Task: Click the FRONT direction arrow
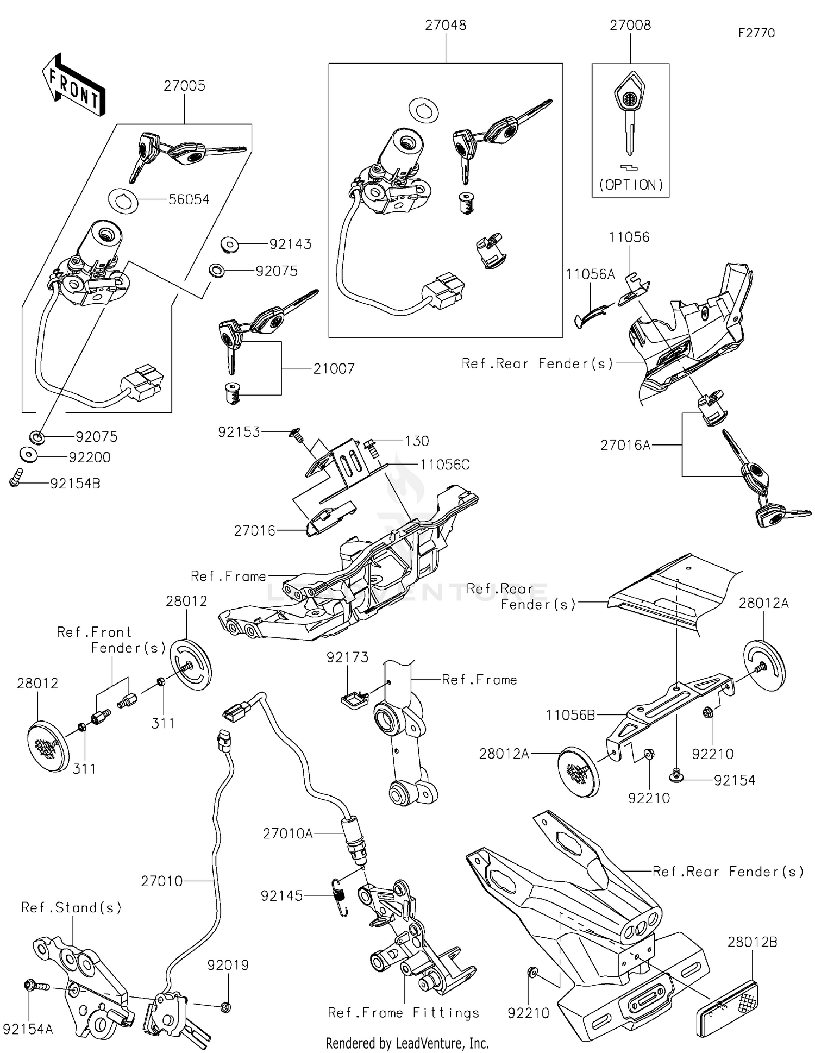[74, 86]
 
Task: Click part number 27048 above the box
[445, 26]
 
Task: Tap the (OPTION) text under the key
[631, 185]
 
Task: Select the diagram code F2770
[756, 33]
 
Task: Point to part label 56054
[189, 199]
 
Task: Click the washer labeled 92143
[229, 245]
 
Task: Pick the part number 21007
[334, 369]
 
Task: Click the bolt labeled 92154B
[15, 478]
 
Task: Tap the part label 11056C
[444, 465]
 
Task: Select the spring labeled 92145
[341, 899]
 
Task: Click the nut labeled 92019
[227, 1007]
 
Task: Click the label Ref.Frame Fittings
[404, 1013]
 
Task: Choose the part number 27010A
[287, 833]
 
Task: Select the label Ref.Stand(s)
[71, 908]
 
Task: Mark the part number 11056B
[570, 716]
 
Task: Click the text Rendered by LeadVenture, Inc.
[407, 1043]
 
